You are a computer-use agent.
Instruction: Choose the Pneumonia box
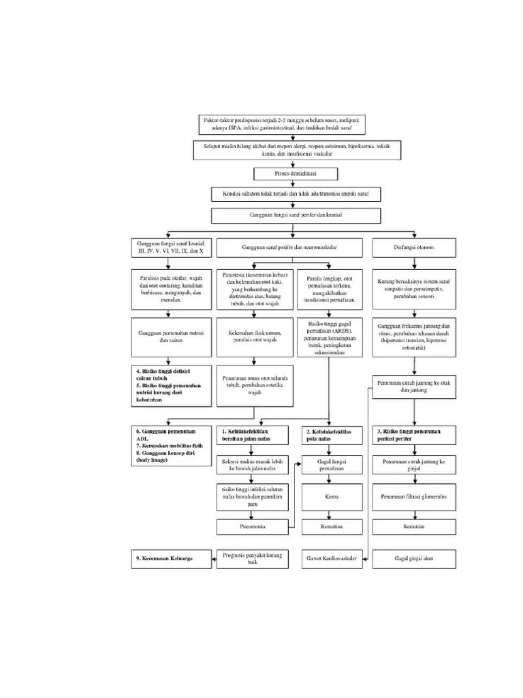(252, 527)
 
